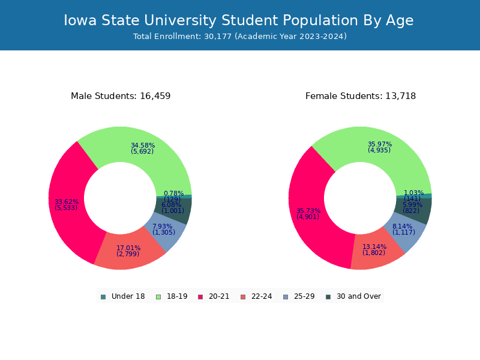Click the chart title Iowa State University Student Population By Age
[239, 20]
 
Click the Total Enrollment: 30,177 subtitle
[240, 37]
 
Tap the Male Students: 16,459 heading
[121, 96]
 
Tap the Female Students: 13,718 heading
[361, 96]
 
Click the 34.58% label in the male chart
[143, 145]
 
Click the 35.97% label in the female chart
[380, 144]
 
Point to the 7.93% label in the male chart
[162, 227]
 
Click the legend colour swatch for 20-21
[200, 296]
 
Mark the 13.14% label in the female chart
[374, 247]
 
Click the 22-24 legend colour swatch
[243, 296]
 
